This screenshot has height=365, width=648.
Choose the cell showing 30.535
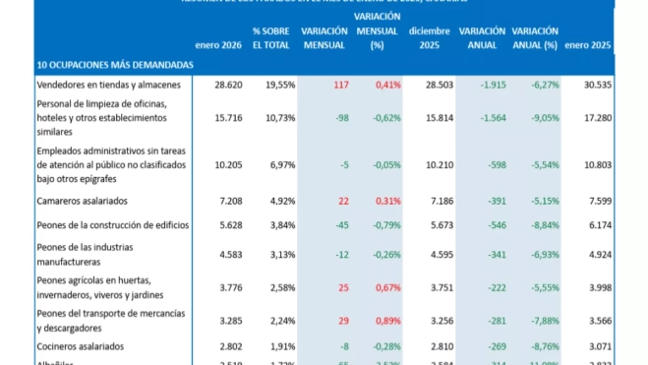593,86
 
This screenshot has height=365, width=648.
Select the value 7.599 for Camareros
596,201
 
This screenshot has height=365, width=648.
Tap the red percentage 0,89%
385,321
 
